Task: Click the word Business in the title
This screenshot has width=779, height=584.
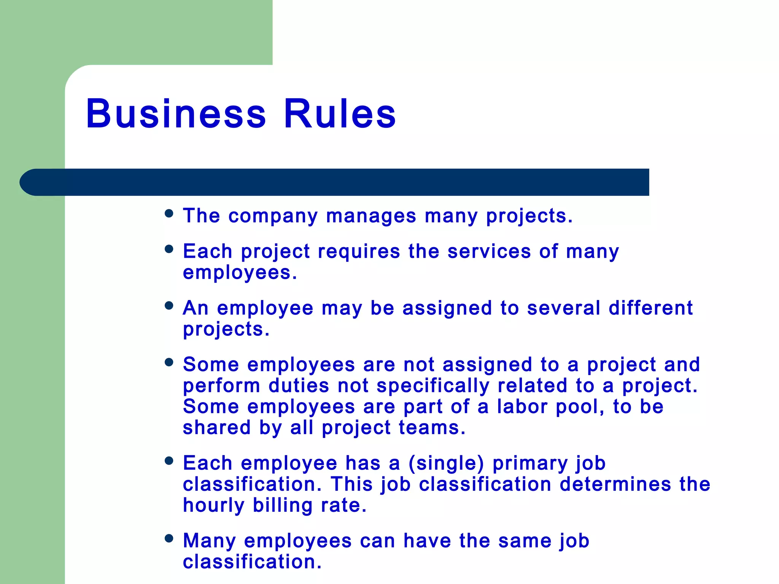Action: tap(176, 114)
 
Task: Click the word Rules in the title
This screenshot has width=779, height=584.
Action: tap(340, 114)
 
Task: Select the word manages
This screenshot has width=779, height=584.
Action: tap(371, 216)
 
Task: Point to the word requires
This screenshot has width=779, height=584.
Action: tap(359, 251)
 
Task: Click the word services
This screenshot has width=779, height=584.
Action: tap(489, 251)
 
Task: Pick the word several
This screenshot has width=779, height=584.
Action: tap(563, 308)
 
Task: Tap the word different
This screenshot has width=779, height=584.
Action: tap(650, 308)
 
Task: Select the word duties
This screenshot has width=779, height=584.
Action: tap(299, 386)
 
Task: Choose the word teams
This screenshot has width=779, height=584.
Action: tap(432, 428)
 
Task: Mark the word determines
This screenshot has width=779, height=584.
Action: tap(615, 484)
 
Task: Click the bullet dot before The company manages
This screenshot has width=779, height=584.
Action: tap(169, 213)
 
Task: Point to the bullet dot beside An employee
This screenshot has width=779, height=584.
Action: tap(169, 305)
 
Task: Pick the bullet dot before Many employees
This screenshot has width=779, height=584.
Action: tap(169, 538)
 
